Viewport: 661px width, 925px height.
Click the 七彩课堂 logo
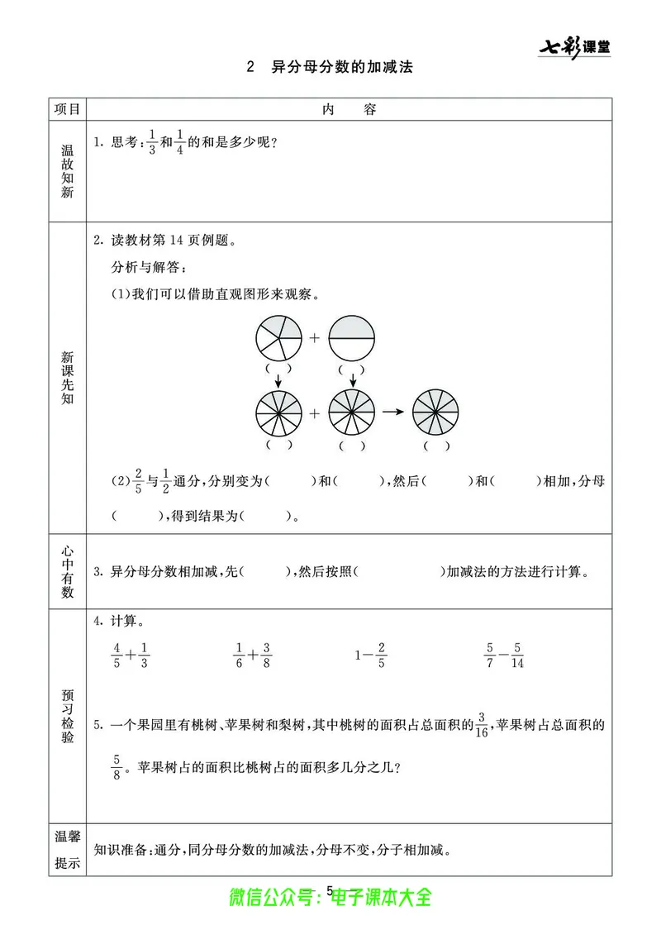(x=575, y=47)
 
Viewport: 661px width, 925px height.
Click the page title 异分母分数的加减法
(x=341, y=68)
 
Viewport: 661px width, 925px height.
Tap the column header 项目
(x=67, y=109)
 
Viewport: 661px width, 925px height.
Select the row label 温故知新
(x=68, y=171)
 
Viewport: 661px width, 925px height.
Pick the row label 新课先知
(x=68, y=378)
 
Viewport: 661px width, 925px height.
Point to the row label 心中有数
(x=68, y=571)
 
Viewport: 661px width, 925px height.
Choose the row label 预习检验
(x=68, y=715)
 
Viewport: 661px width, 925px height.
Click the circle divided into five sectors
(x=279, y=338)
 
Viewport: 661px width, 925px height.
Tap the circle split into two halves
(x=352, y=338)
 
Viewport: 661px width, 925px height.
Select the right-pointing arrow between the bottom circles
(x=393, y=412)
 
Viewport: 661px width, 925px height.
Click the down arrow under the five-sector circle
(x=279, y=379)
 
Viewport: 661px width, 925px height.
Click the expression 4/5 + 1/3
(x=131, y=656)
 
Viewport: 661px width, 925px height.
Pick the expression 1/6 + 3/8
(x=254, y=656)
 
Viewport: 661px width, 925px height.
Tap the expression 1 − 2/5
(x=371, y=656)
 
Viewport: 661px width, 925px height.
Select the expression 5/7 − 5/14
(x=503, y=656)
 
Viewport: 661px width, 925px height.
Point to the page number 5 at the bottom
(x=330, y=890)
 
